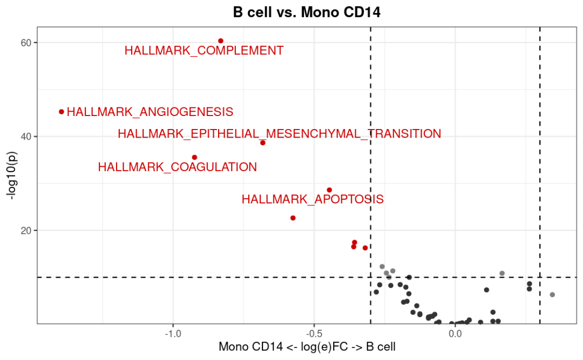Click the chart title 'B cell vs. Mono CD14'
(307, 12)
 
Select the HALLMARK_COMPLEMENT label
(204, 51)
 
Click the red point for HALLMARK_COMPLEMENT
(221, 41)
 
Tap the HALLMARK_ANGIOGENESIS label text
(150, 112)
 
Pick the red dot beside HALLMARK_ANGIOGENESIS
(62, 112)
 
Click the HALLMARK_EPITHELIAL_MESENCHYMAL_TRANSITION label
(279, 134)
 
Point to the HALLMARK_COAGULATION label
(178, 167)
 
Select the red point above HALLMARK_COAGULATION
(194, 158)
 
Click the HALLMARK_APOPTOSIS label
(313, 199)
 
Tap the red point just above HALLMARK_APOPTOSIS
(329, 190)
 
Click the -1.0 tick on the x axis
(173, 334)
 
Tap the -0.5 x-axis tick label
(314, 334)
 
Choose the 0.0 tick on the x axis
(455, 334)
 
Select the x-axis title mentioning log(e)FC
(307, 347)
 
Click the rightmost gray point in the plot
(552, 295)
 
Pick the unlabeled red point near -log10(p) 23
(293, 218)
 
